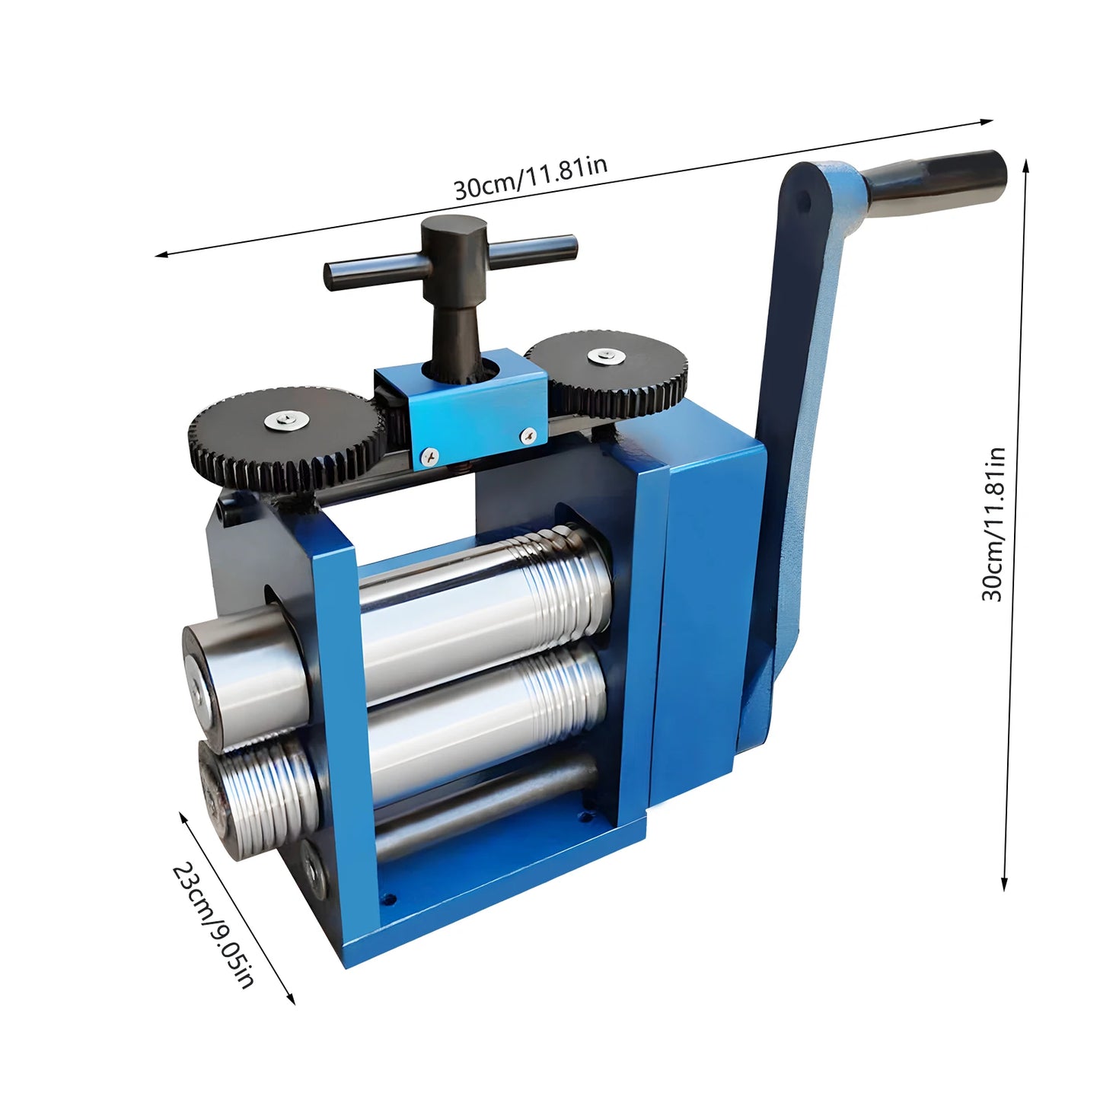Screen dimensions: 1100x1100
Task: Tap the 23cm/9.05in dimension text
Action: point(212,924)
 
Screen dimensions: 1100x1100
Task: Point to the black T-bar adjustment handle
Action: point(451,259)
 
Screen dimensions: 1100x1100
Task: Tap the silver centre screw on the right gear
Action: point(604,355)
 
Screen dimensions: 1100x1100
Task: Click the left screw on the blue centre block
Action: point(429,456)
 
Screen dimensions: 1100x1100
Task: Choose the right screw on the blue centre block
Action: point(528,435)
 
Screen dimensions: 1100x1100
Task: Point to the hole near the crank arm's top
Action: point(803,202)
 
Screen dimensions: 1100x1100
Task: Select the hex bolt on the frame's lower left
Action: point(313,869)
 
